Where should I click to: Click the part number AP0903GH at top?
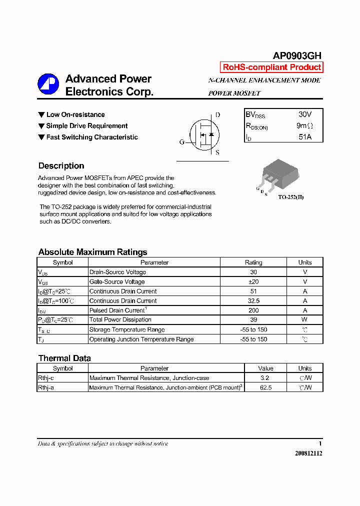click(297, 56)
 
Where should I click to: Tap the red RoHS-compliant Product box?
click(271, 67)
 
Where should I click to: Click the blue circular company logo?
click(48, 84)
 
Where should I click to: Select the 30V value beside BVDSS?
click(305, 114)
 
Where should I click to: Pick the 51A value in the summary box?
click(305, 136)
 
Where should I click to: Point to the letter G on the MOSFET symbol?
click(181, 142)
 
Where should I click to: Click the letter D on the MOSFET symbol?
click(217, 115)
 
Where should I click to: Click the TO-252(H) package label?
click(290, 197)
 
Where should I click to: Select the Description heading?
click(61, 166)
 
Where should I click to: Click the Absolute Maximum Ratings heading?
click(92, 252)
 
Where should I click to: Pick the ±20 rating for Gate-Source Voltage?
click(253, 282)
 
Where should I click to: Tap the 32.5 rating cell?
click(253, 301)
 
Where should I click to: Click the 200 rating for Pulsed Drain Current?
click(253, 310)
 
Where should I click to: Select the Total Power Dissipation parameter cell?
click(120, 320)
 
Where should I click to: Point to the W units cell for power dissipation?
click(304, 320)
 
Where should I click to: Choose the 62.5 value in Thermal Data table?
click(265, 387)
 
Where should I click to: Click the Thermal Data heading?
click(64, 358)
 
